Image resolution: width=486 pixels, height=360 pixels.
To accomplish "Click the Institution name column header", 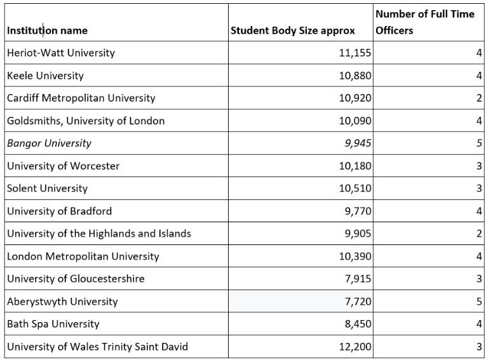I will click(x=48, y=30).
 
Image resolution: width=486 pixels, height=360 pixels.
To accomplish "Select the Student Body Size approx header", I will click(x=293, y=30).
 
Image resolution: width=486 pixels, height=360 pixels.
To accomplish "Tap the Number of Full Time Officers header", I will click(x=424, y=22).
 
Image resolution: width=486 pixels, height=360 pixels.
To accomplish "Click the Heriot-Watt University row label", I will click(x=61, y=53).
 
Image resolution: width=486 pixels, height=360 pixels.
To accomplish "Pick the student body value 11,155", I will click(x=355, y=53).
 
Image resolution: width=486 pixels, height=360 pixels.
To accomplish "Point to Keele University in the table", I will click(x=45, y=76).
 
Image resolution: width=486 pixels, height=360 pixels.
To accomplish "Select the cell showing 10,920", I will click(x=355, y=98).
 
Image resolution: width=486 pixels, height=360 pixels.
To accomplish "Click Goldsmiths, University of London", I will click(x=86, y=121).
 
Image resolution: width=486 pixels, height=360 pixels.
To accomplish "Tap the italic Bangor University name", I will click(x=49, y=143).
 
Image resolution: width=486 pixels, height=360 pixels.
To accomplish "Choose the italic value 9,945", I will click(x=358, y=143).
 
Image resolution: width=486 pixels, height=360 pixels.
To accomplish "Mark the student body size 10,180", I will click(x=355, y=166).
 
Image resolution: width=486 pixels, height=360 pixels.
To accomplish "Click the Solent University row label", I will click(x=48, y=189).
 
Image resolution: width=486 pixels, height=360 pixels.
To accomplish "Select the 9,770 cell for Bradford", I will click(x=358, y=211).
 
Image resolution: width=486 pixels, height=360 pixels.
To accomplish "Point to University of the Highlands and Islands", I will click(x=99, y=234).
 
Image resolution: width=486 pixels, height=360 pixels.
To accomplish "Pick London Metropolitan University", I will click(x=83, y=257).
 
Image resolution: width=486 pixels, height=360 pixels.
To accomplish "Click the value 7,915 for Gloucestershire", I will click(x=358, y=279).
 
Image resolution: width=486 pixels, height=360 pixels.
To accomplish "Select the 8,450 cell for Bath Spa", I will click(x=358, y=324).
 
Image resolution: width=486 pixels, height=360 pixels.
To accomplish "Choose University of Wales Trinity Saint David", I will click(x=97, y=347).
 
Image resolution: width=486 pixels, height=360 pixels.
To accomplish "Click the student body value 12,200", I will click(x=355, y=347).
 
